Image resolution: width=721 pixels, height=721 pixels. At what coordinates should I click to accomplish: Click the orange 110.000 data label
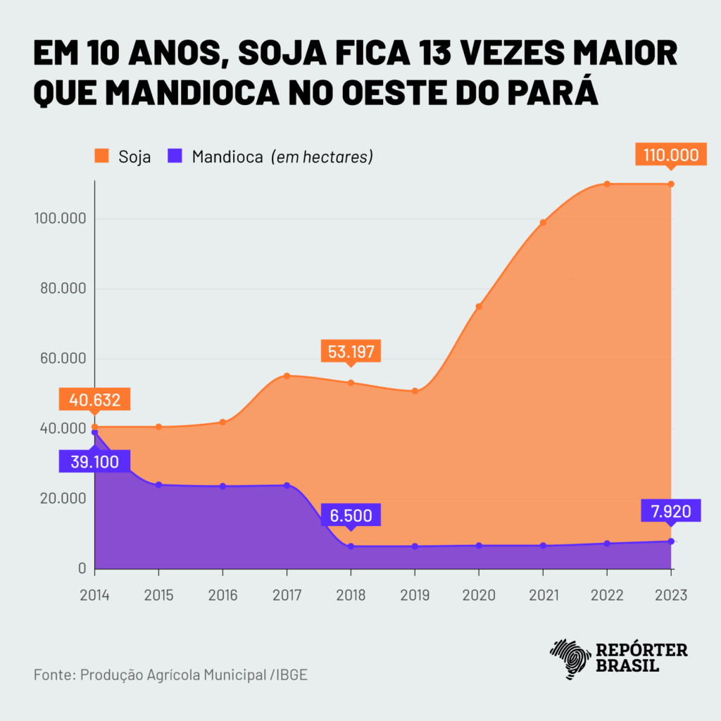click(670, 155)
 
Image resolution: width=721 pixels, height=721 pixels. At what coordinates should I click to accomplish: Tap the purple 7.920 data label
click(671, 510)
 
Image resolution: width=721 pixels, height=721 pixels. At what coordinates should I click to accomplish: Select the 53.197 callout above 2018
click(351, 350)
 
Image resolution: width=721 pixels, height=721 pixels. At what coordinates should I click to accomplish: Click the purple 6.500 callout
click(351, 515)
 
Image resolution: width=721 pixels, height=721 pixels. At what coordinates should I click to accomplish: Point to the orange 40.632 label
click(95, 400)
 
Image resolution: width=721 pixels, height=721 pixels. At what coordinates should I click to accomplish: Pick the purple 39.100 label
click(95, 462)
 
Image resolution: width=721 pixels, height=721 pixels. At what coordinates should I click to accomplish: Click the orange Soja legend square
click(102, 156)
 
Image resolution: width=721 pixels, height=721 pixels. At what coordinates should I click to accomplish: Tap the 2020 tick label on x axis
click(479, 596)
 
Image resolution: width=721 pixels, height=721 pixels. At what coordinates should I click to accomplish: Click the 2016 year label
click(222, 596)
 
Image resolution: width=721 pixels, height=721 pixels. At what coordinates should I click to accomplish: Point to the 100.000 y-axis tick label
click(59, 219)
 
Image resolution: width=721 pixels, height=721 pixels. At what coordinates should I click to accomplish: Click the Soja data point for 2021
click(543, 222)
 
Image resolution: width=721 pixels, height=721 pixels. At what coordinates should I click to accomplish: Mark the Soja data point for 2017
click(287, 375)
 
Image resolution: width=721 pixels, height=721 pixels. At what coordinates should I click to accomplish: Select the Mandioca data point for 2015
click(158, 484)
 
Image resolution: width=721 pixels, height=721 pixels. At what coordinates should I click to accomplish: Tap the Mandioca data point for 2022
click(607, 544)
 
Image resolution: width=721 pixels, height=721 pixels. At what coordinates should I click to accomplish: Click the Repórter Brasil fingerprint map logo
click(570, 658)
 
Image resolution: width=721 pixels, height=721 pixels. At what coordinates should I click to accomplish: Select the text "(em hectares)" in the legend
click(322, 156)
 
